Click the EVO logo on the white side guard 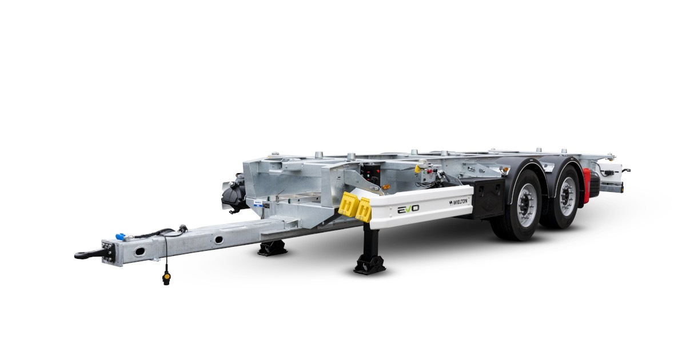408,209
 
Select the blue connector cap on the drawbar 120,237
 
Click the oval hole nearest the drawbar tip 139,251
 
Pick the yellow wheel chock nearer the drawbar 348,204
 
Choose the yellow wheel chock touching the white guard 364,210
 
